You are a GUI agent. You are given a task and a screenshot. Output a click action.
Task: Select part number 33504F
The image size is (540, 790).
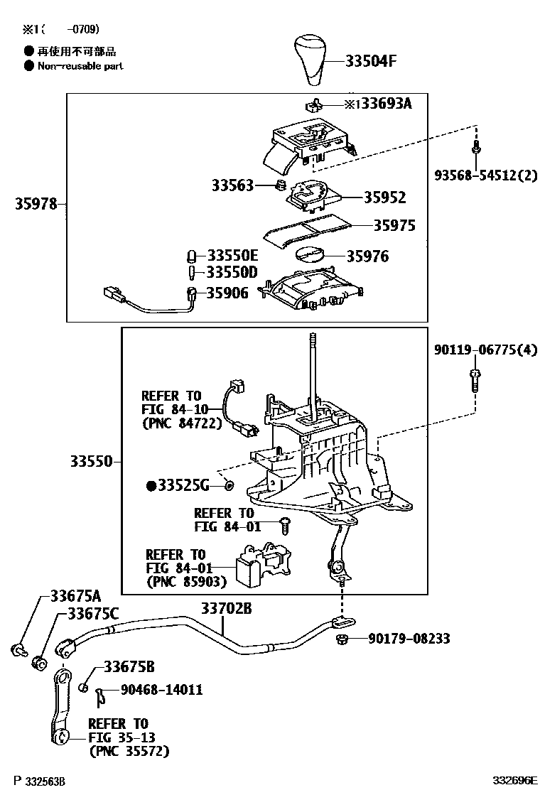(x=371, y=61)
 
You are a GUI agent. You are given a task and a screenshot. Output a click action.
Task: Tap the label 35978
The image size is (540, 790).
(x=36, y=205)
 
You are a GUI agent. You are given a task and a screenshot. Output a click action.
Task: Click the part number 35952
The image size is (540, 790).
(x=385, y=197)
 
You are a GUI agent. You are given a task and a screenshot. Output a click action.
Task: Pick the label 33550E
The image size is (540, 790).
(x=232, y=256)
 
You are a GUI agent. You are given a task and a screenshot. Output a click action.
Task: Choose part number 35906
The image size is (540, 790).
(x=227, y=292)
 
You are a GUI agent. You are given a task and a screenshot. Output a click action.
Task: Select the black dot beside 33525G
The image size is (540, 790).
(x=151, y=486)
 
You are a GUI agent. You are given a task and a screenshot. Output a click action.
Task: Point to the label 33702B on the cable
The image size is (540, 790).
(x=225, y=608)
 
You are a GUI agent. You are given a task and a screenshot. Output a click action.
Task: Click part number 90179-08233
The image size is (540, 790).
(x=409, y=639)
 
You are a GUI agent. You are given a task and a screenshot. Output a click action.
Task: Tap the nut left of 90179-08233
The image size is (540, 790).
(x=341, y=640)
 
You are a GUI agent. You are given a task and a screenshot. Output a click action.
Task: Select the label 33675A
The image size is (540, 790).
(x=75, y=596)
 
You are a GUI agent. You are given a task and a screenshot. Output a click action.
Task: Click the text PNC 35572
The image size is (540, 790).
(x=129, y=750)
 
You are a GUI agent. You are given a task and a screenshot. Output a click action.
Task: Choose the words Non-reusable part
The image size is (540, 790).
(x=79, y=65)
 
